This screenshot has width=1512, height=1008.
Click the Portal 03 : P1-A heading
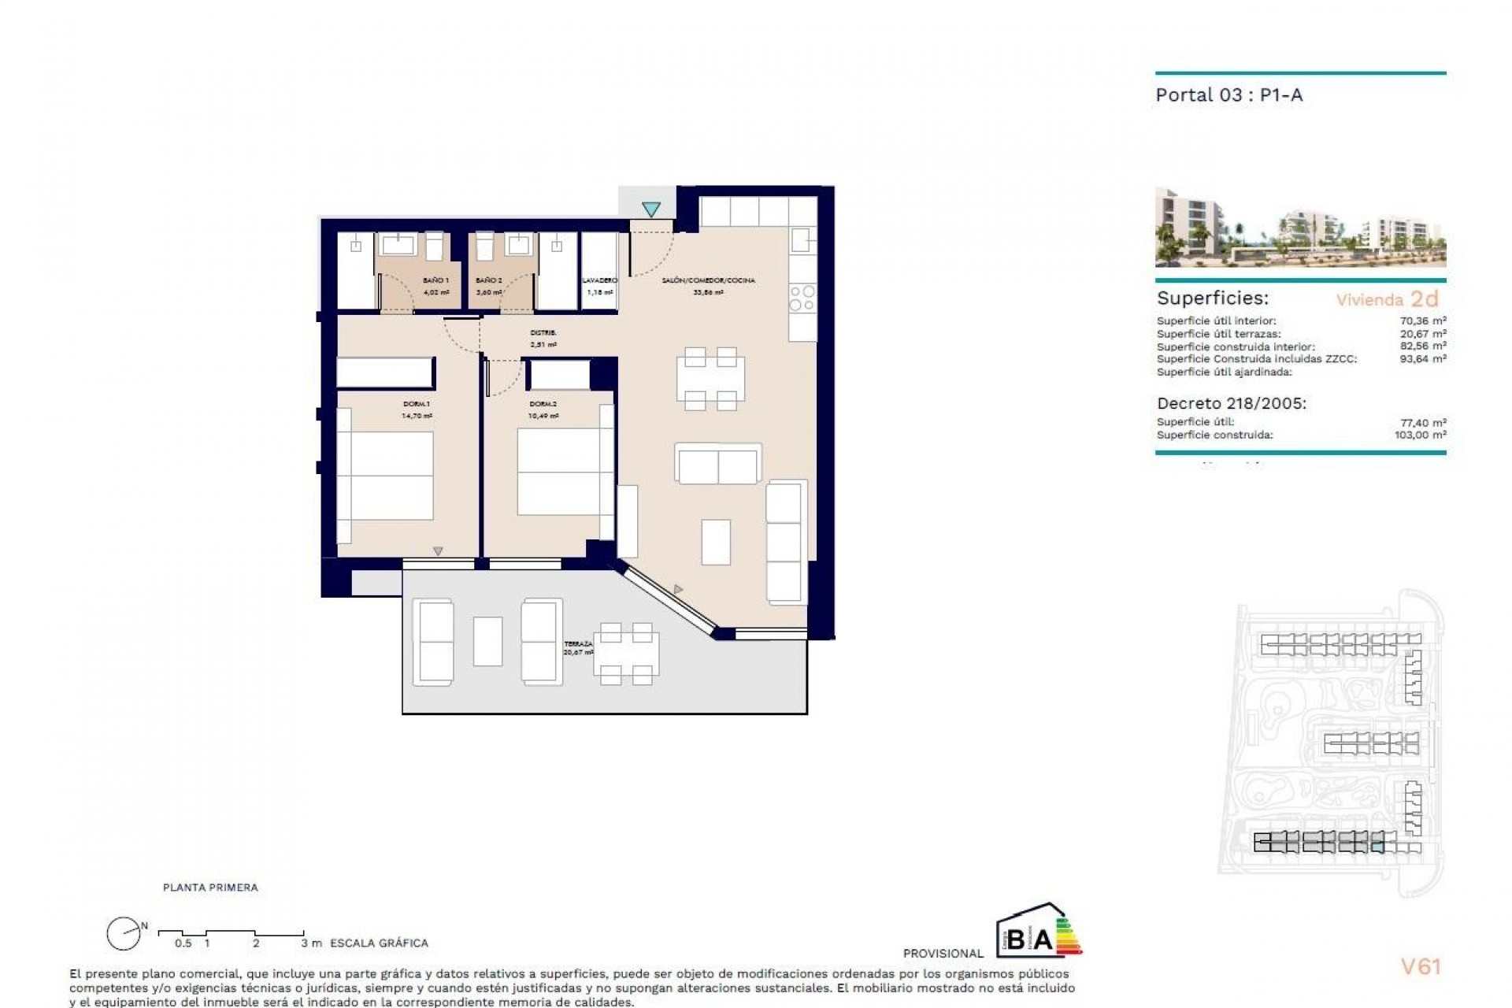click(1228, 95)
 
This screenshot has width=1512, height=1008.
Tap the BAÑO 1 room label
click(435, 280)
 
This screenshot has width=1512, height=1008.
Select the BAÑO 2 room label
click(488, 280)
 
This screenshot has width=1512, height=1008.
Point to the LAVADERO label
click(599, 280)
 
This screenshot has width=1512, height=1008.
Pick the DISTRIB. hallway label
click(543, 333)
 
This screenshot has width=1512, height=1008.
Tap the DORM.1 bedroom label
click(417, 405)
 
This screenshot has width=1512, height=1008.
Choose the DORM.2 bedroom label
click(543, 405)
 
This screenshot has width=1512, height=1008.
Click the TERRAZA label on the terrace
click(578, 644)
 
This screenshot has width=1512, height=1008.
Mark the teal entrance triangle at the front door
click(650, 209)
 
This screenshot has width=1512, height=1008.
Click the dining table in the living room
click(710, 379)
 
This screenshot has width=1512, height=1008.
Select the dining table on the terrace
click(626, 653)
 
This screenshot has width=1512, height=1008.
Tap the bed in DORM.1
click(385, 475)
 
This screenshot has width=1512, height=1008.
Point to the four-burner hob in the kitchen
click(802, 298)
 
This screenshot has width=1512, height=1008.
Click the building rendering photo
click(1300, 228)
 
